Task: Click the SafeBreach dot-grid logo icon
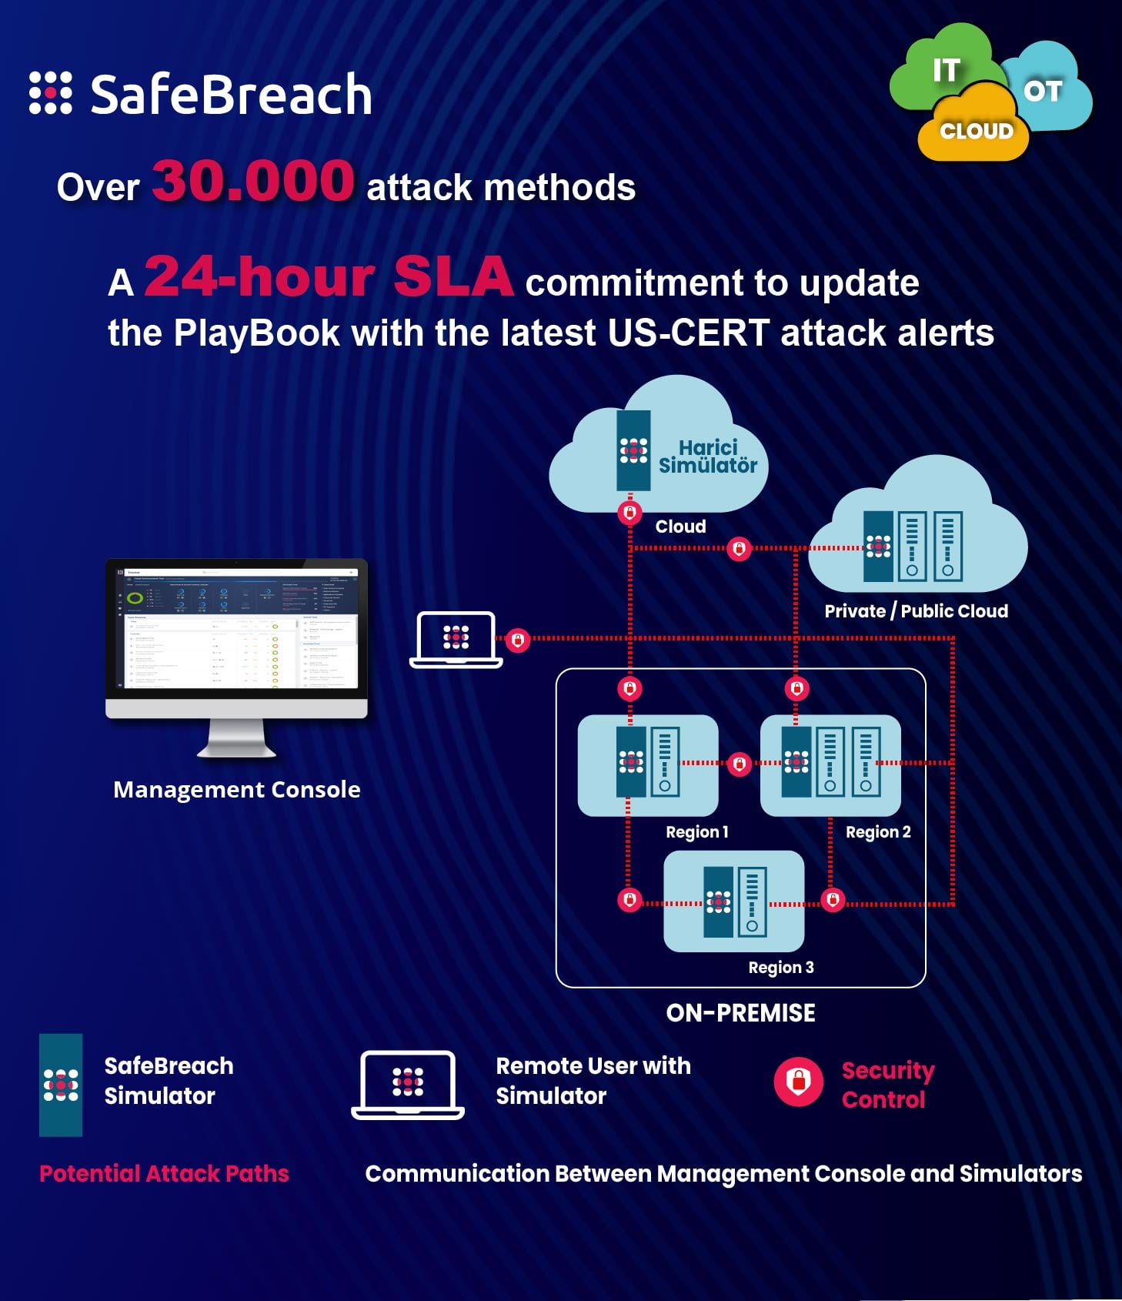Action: click(x=51, y=93)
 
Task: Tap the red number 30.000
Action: click(x=253, y=181)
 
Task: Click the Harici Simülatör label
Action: click(x=708, y=457)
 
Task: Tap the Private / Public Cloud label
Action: click(x=916, y=611)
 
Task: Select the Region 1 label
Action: click(x=696, y=832)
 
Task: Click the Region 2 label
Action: click(x=877, y=832)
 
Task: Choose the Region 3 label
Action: click(x=780, y=968)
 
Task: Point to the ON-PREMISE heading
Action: click(x=740, y=1013)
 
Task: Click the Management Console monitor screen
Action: click(x=237, y=628)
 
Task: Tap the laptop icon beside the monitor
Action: click(x=456, y=639)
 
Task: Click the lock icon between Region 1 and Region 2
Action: click(x=740, y=764)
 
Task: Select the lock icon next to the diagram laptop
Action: click(x=518, y=640)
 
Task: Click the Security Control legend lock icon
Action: click(x=798, y=1081)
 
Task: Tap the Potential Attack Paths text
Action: click(x=164, y=1173)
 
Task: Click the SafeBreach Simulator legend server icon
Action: click(x=61, y=1085)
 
